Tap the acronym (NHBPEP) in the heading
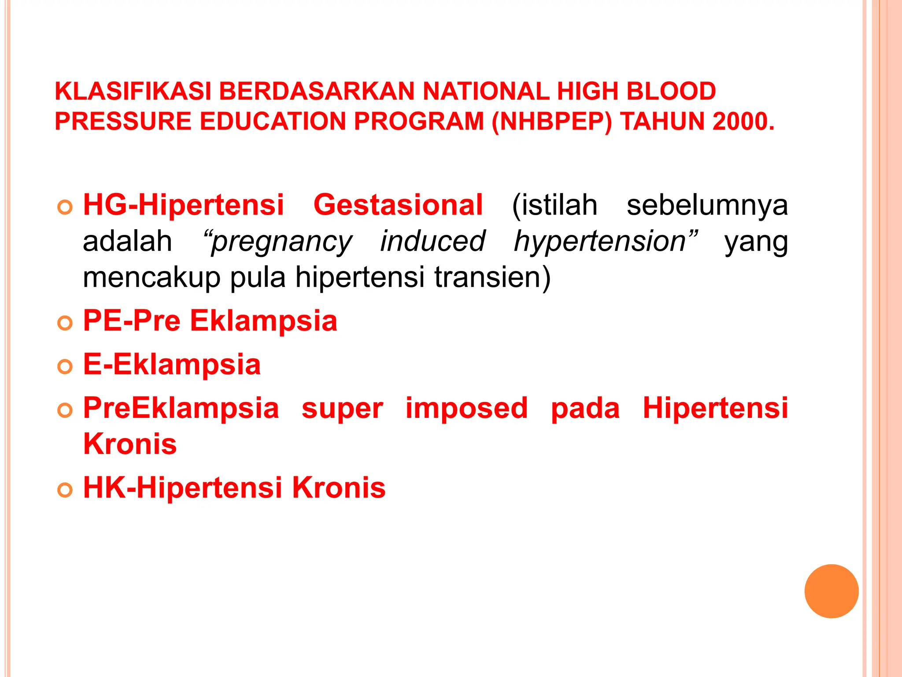[x=552, y=121]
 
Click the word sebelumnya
[x=707, y=205]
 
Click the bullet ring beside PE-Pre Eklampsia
[x=65, y=324]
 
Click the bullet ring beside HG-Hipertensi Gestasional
[x=65, y=208]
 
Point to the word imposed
[x=466, y=409]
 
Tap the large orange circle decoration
[x=831, y=591]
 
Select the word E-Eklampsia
[x=172, y=365]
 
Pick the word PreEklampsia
[x=181, y=408]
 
